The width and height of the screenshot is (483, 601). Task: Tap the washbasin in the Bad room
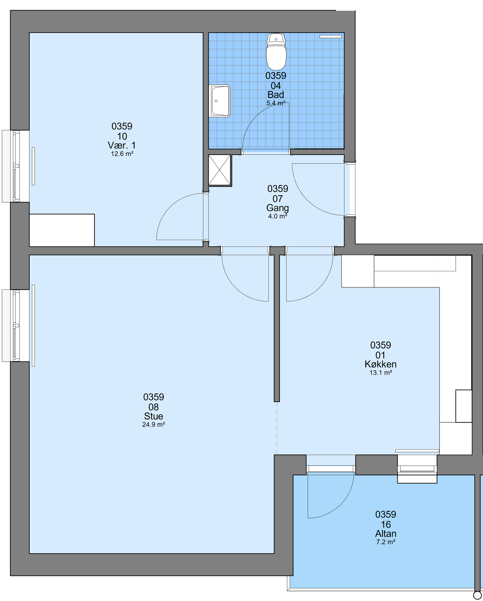click(x=219, y=101)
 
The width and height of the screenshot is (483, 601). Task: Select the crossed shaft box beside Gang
click(x=220, y=171)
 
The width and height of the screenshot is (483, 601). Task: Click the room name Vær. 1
click(x=122, y=145)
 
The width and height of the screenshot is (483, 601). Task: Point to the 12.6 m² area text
click(x=122, y=154)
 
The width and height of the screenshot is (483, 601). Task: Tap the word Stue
click(x=154, y=416)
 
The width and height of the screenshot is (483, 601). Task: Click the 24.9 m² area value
click(x=154, y=424)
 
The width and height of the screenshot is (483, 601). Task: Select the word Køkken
click(x=381, y=364)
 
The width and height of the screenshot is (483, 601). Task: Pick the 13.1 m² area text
click(x=381, y=373)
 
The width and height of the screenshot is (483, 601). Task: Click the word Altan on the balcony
click(x=386, y=533)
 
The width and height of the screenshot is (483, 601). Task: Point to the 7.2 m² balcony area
click(x=386, y=542)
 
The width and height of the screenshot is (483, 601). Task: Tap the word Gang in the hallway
click(x=277, y=208)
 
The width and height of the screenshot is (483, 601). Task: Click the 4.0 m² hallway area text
click(x=277, y=216)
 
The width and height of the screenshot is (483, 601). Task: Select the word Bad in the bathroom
click(x=276, y=95)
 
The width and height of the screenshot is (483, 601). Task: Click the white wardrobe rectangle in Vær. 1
click(x=62, y=230)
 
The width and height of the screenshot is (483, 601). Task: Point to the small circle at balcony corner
click(x=478, y=595)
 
